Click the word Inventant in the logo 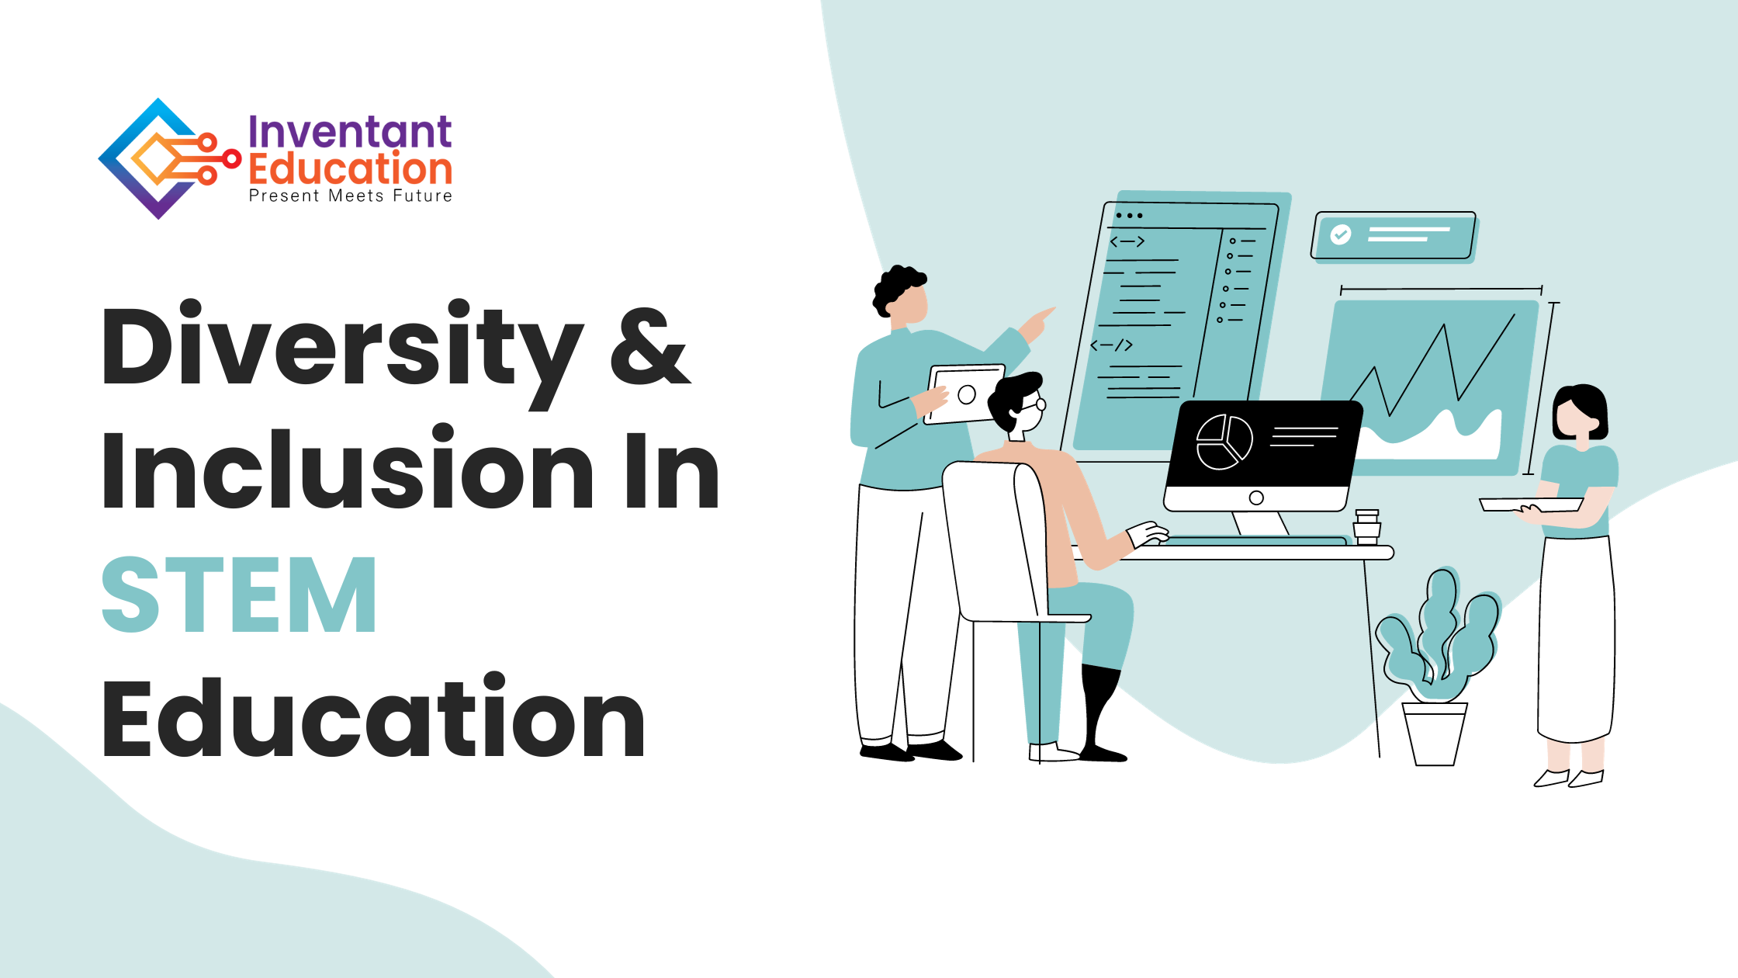click(350, 131)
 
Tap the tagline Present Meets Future click(351, 196)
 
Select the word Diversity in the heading click(342, 354)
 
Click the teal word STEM click(239, 595)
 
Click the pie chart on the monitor click(1224, 442)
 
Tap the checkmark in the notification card click(1341, 234)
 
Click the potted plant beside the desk click(1437, 668)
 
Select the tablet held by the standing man click(964, 394)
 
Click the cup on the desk click(1367, 526)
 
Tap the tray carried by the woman click(1532, 505)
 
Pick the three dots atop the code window click(1129, 216)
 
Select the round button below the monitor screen click(1256, 498)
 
